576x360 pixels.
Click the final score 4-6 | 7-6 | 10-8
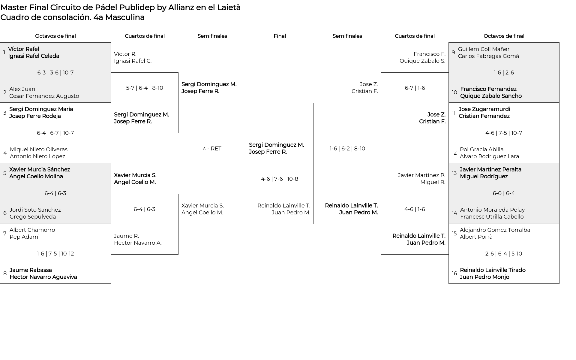(280, 179)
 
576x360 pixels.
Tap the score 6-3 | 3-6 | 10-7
(55, 73)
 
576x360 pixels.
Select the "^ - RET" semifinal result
(212, 149)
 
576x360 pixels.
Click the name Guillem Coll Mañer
(484, 49)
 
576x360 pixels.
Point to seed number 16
(454, 274)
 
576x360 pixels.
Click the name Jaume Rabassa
(31, 270)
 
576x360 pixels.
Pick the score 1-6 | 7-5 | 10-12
(55, 254)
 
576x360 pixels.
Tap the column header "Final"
(280, 36)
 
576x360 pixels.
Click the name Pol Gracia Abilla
(482, 150)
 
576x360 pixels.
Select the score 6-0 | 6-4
(504, 193)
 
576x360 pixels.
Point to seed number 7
(5, 233)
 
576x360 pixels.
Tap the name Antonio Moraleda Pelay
(492, 210)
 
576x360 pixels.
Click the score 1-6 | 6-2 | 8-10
(347, 149)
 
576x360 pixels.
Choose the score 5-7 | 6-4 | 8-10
(145, 88)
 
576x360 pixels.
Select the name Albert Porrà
(476, 237)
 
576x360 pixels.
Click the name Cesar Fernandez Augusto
(44, 96)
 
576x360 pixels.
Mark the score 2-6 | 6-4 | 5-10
(504, 254)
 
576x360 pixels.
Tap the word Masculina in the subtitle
(125, 17)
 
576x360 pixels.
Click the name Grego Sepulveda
(33, 217)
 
